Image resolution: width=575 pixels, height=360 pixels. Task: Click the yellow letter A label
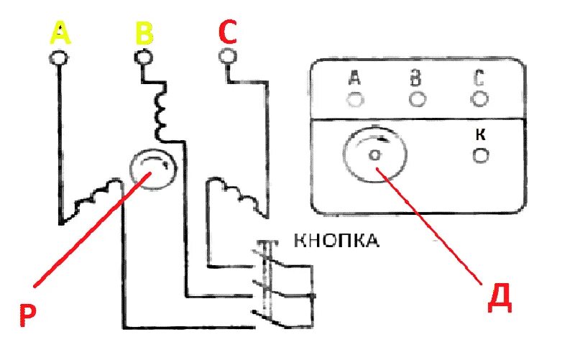click(x=61, y=34)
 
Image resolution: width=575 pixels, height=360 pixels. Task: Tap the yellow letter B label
click(x=144, y=34)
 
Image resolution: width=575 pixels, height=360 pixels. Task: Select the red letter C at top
click(x=227, y=34)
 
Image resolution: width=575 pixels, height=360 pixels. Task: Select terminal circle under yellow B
click(x=144, y=57)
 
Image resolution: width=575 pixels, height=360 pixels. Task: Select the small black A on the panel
click(x=354, y=78)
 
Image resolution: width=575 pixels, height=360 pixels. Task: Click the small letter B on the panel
click(x=415, y=78)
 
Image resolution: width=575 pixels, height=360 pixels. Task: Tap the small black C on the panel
click(x=479, y=77)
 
